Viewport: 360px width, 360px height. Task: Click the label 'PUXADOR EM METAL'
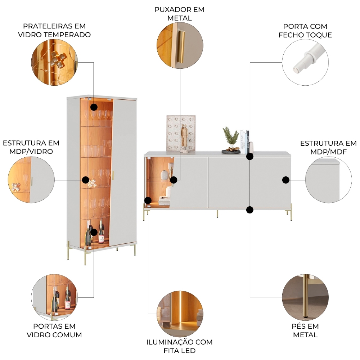(179, 14)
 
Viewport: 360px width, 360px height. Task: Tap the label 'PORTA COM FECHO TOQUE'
(305, 31)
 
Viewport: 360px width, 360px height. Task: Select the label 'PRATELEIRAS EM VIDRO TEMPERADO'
(54, 30)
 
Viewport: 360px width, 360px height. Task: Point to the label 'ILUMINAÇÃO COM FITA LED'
(180, 346)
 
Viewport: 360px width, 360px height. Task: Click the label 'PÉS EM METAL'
(305, 330)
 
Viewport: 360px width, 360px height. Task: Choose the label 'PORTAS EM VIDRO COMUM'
(54, 330)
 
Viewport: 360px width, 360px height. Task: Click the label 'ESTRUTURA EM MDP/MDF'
(328, 147)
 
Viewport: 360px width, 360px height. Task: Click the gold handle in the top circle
(181, 47)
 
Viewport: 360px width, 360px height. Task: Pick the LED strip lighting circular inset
(180, 314)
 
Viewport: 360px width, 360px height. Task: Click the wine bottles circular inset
(54, 297)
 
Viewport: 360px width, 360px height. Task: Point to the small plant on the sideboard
(230, 138)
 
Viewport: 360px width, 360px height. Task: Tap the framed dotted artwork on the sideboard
(181, 133)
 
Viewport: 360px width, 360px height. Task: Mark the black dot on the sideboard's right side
(285, 180)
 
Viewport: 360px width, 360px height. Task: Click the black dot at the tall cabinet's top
(94, 107)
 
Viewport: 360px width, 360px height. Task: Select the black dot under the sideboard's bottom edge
(250, 210)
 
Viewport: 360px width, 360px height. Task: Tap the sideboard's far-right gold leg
(291, 212)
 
